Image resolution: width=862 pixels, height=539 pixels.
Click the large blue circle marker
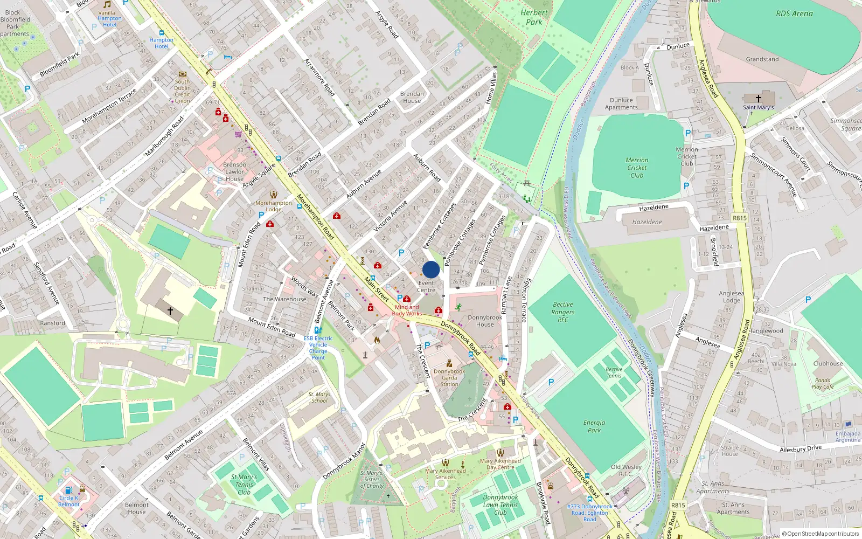click(x=431, y=269)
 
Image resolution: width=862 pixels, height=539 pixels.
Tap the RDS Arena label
click(x=794, y=13)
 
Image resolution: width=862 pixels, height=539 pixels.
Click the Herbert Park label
click(x=534, y=17)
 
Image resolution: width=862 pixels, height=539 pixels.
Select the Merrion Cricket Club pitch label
click(x=637, y=168)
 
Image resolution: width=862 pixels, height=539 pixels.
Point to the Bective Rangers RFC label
click(x=563, y=312)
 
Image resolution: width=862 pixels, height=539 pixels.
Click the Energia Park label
click(x=594, y=426)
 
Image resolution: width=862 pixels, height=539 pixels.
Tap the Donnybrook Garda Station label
click(x=449, y=377)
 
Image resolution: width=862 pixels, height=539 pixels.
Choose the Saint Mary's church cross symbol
click(x=759, y=99)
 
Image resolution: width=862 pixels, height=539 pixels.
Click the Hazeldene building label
click(x=647, y=222)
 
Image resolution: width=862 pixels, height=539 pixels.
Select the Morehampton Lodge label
click(x=274, y=206)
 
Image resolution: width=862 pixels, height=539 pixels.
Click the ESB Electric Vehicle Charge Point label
click(x=318, y=348)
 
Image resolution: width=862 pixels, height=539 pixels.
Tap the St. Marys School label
click(x=319, y=397)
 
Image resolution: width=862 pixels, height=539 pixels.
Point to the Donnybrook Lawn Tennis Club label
click(x=500, y=505)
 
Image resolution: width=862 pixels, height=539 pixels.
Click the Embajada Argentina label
click(x=847, y=437)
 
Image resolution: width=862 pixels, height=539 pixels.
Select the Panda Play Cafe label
click(x=823, y=383)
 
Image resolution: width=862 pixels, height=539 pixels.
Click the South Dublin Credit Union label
click(x=182, y=91)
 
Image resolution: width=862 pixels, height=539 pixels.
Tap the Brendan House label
click(x=412, y=97)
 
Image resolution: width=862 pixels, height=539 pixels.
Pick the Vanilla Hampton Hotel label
click(x=109, y=18)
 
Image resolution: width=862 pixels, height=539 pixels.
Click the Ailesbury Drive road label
click(x=801, y=448)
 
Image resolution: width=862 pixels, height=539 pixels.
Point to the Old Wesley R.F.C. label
click(x=626, y=471)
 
